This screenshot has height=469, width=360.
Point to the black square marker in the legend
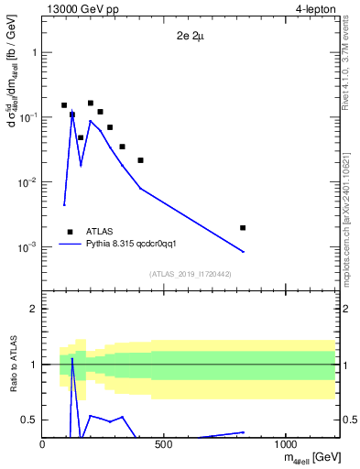[70, 232]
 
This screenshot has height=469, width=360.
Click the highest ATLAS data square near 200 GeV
[91, 104]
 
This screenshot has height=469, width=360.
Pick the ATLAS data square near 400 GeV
[140, 160]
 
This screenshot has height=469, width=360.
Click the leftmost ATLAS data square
[64, 105]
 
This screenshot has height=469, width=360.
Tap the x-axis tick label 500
[164, 444]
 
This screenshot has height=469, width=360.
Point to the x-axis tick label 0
[43, 444]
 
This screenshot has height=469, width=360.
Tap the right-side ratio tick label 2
[348, 309]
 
